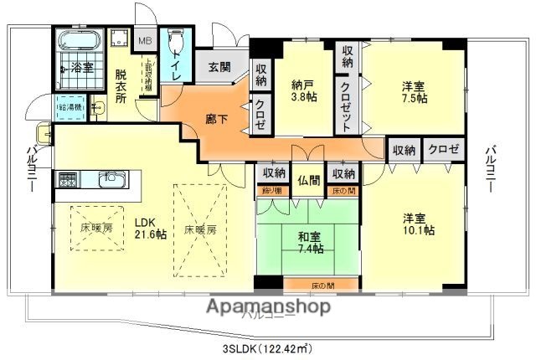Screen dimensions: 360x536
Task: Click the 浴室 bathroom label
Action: pos(81,66)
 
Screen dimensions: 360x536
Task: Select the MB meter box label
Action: pos(145,40)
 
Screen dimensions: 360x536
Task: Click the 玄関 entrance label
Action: pos(219,68)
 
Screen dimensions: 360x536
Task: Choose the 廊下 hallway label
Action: pos(216,119)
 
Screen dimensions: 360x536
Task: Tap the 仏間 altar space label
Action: pos(309,178)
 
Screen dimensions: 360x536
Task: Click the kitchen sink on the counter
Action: pos(111,179)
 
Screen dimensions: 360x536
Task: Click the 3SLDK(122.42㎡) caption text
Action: pos(268,347)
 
